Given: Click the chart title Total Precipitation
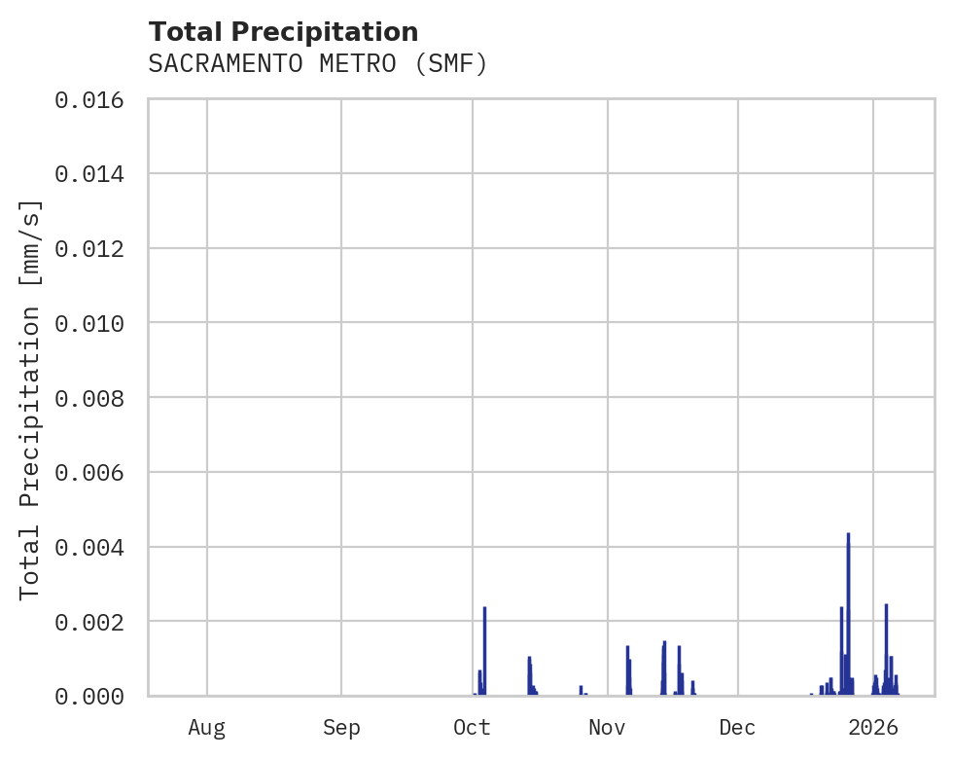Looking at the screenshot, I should click(x=283, y=32).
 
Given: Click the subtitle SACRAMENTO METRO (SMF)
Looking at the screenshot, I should click(x=317, y=64).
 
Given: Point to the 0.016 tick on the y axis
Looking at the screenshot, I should click(x=95, y=99).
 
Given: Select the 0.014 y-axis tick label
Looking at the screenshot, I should click(x=95, y=174).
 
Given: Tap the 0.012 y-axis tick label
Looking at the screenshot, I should click(x=95, y=248).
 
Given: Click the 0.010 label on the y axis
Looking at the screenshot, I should click(x=95, y=323).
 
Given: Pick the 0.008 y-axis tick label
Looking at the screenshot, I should click(x=95, y=398).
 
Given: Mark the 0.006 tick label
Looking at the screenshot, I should click(x=95, y=472).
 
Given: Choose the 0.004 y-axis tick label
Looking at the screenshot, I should click(x=95, y=547).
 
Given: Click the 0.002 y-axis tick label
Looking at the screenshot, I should click(x=95, y=621).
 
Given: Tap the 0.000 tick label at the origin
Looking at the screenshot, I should click(x=95, y=696).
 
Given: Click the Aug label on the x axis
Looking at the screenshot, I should click(x=207, y=727).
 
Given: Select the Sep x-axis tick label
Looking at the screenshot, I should click(x=341, y=727).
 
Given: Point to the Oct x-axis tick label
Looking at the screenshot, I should click(x=473, y=727).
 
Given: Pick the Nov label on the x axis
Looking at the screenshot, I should click(x=607, y=727).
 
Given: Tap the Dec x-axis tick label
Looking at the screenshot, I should click(x=738, y=727).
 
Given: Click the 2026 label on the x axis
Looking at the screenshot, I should click(x=872, y=727).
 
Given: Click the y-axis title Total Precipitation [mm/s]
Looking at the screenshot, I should click(x=30, y=398).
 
